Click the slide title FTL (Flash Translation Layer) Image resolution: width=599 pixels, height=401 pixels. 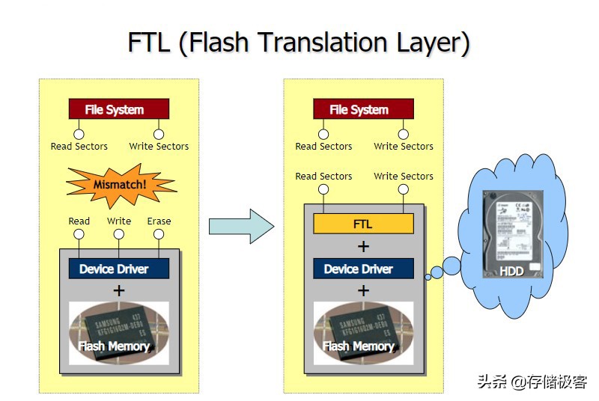299,42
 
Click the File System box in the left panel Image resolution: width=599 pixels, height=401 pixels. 118,109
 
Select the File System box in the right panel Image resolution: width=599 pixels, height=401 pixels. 363,109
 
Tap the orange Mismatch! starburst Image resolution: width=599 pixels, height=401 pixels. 121,184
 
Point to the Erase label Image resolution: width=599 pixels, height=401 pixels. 159,221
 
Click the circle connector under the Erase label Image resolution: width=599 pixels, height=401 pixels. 159,234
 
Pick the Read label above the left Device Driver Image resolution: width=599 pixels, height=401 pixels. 79,221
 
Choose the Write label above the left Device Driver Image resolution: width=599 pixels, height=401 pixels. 118,221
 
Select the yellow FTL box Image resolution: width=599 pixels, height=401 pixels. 363,224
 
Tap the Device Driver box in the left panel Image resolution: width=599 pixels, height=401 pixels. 118,269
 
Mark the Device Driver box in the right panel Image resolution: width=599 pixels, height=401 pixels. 363,269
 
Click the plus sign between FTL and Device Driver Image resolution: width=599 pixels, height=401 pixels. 363,246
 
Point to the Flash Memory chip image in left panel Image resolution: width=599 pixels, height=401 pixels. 118,332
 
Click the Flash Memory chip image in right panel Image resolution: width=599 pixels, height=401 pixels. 363,332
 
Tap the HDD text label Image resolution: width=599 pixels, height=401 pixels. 512,272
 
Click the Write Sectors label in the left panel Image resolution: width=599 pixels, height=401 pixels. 159,147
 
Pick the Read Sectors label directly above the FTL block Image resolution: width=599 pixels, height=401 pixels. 323,177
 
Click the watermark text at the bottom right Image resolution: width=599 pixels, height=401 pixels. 532,382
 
